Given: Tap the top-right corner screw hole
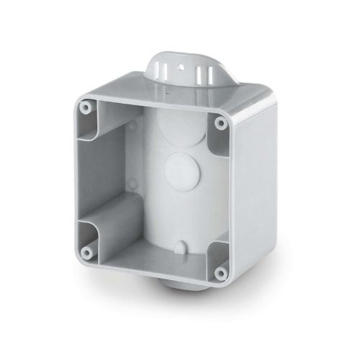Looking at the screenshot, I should (219, 122).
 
